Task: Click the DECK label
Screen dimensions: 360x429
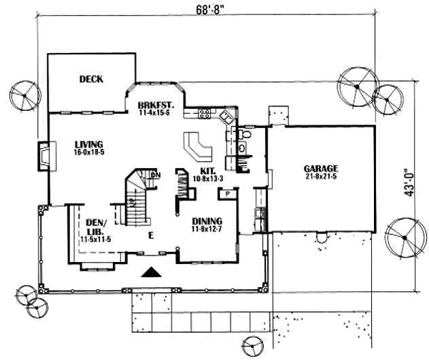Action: [x=92, y=79]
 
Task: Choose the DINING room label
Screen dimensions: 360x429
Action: [x=207, y=221]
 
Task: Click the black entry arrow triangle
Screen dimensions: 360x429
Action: [x=151, y=271]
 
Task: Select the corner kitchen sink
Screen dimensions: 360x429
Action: [x=227, y=115]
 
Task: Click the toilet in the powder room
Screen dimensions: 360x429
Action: [x=244, y=133]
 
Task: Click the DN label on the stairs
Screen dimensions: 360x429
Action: [x=155, y=175]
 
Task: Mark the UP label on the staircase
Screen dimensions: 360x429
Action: [x=133, y=203]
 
